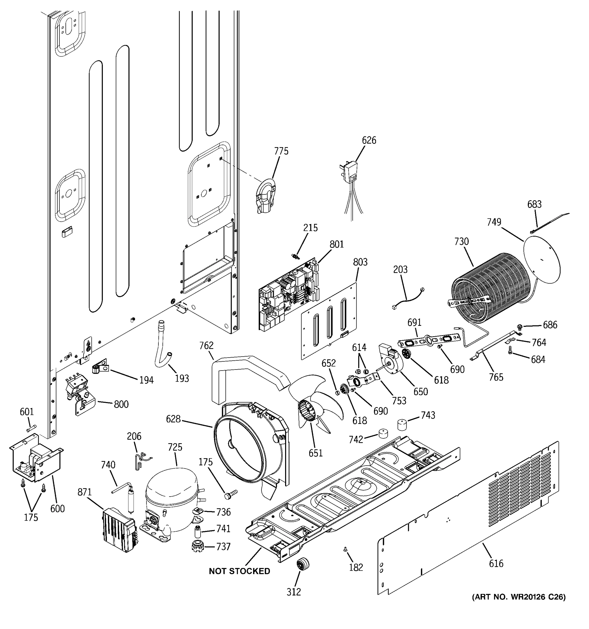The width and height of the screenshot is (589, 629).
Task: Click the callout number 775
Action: pyautogui.click(x=281, y=151)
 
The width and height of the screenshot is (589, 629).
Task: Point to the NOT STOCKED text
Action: pyautogui.click(x=239, y=571)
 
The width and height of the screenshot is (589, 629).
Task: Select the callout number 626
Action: pyautogui.click(x=369, y=140)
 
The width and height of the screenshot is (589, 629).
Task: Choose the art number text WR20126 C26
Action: pyautogui.click(x=519, y=597)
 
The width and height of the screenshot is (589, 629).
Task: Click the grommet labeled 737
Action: pyautogui.click(x=198, y=546)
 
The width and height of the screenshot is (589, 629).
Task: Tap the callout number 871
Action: pyautogui.click(x=84, y=492)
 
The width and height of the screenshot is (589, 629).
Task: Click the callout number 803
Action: pyautogui.click(x=360, y=262)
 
